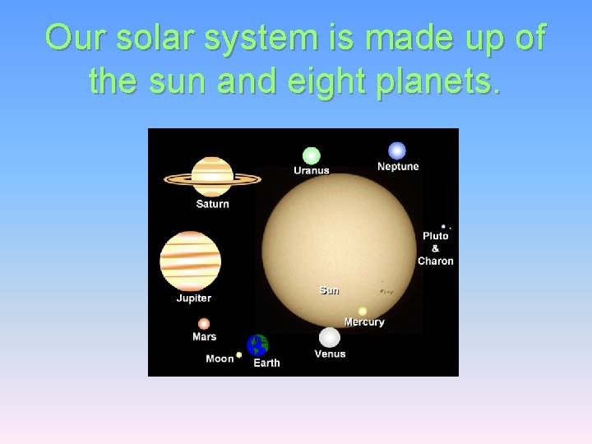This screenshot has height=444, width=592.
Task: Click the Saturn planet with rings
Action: click(x=212, y=177)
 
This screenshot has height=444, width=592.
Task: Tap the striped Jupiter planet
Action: click(x=190, y=261)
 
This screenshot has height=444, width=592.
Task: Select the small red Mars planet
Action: click(x=204, y=324)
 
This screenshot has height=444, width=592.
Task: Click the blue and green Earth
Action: click(x=258, y=345)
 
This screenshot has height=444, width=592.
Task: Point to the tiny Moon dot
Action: click(x=239, y=355)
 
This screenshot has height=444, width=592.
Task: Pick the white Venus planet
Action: click(x=330, y=338)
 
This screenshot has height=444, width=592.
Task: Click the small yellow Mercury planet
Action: click(x=363, y=312)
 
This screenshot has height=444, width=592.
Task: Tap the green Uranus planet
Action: click(x=311, y=155)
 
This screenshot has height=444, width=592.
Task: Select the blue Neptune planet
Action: click(x=397, y=150)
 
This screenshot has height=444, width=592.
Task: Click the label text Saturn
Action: click(x=212, y=204)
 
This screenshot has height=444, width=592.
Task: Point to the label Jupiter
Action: click(x=193, y=298)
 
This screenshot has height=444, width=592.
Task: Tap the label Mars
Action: click(x=204, y=337)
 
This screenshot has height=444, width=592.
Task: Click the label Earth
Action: click(x=266, y=363)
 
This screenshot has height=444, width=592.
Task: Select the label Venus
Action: click(x=330, y=354)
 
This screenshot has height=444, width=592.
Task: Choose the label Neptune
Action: click(x=398, y=167)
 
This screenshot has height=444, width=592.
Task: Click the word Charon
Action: click(x=436, y=261)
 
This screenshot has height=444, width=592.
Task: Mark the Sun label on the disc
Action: click(x=329, y=290)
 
